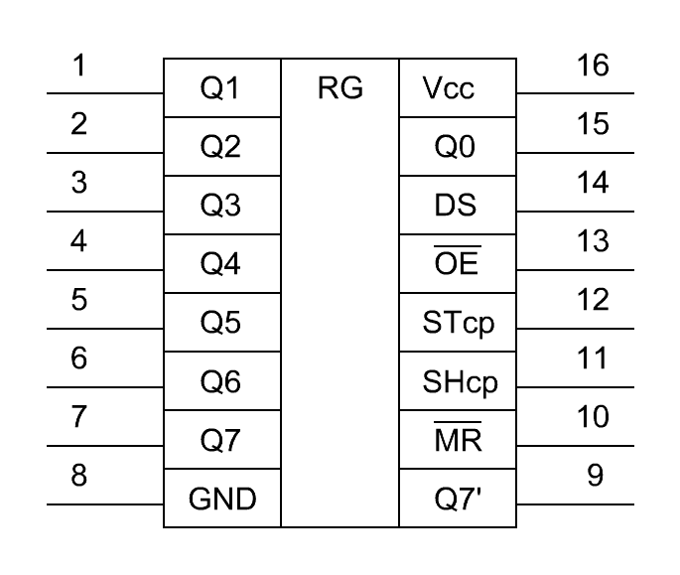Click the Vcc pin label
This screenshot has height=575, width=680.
click(x=449, y=88)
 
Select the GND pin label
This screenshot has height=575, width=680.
click(x=222, y=499)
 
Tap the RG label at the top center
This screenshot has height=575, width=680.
click(x=340, y=88)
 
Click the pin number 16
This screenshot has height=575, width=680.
click(x=593, y=66)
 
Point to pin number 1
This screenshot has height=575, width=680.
click(x=79, y=66)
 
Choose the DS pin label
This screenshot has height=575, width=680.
click(x=456, y=206)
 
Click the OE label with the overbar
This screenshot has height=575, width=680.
click(x=457, y=259)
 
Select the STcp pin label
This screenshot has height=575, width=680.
click(x=459, y=324)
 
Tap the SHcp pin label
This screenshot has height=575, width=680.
click(x=461, y=382)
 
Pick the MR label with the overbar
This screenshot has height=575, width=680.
click(x=458, y=436)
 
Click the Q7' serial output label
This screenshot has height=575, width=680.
click(x=458, y=499)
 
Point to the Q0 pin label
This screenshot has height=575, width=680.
click(x=455, y=147)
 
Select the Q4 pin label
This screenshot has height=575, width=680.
click(x=220, y=264)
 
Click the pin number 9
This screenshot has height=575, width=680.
click(x=595, y=475)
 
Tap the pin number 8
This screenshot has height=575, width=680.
click(x=79, y=475)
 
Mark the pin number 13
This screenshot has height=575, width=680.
click(x=593, y=241)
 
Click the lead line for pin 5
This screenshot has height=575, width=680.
click(x=105, y=329)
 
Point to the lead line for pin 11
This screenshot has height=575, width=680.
click(x=576, y=387)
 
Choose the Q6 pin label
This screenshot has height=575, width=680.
click(x=220, y=381)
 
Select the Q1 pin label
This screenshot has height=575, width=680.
click(x=219, y=88)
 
